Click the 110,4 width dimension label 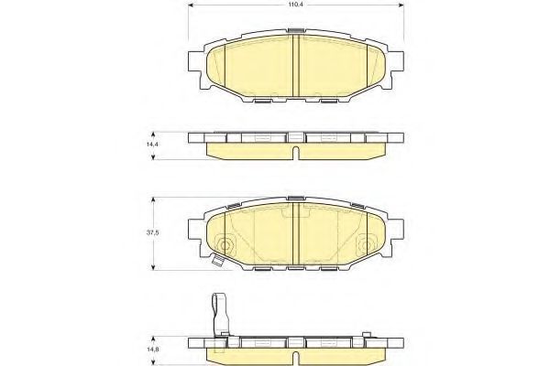[296, 5]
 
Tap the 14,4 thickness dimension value [151, 144]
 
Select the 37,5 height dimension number [153, 232]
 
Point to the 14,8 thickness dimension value [151, 350]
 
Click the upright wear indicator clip [220, 315]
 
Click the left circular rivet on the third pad [225, 245]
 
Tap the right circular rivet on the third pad [366, 245]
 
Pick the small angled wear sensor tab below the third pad [218, 261]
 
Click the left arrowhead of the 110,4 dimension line [192, 5]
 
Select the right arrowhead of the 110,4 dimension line [401, 5]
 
